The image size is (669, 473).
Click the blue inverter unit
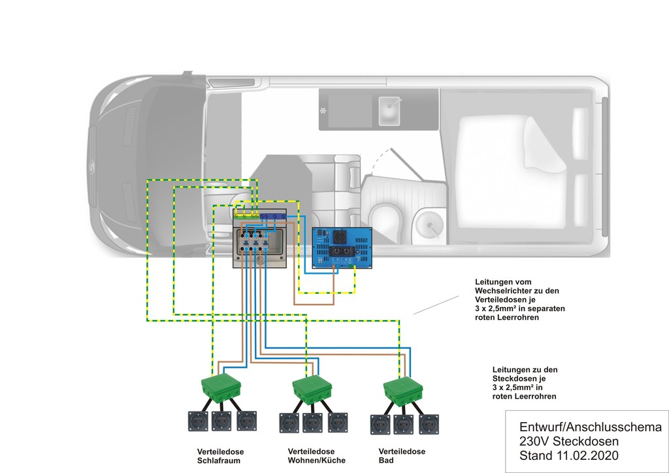(x=342, y=248)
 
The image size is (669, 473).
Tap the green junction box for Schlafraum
(x=221, y=387)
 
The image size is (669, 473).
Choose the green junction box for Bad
(x=402, y=391)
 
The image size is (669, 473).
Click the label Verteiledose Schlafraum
(x=220, y=456)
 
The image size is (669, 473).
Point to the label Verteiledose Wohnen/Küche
(x=317, y=456)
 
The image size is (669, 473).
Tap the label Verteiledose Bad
(x=402, y=456)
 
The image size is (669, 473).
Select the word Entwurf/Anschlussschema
(x=591, y=427)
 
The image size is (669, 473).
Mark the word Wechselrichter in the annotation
(x=502, y=291)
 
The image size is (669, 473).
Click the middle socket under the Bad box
(x=403, y=425)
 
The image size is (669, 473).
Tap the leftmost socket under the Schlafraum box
(x=198, y=421)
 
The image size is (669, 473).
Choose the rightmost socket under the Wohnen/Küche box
(x=338, y=423)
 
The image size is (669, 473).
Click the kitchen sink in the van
(x=389, y=110)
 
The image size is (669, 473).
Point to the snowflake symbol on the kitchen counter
(x=323, y=111)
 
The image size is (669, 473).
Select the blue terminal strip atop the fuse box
(x=273, y=216)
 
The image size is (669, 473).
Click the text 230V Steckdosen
(x=569, y=442)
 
